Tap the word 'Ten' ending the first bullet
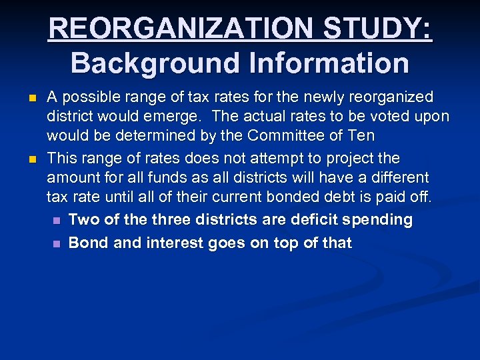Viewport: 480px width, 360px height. (361, 137)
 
